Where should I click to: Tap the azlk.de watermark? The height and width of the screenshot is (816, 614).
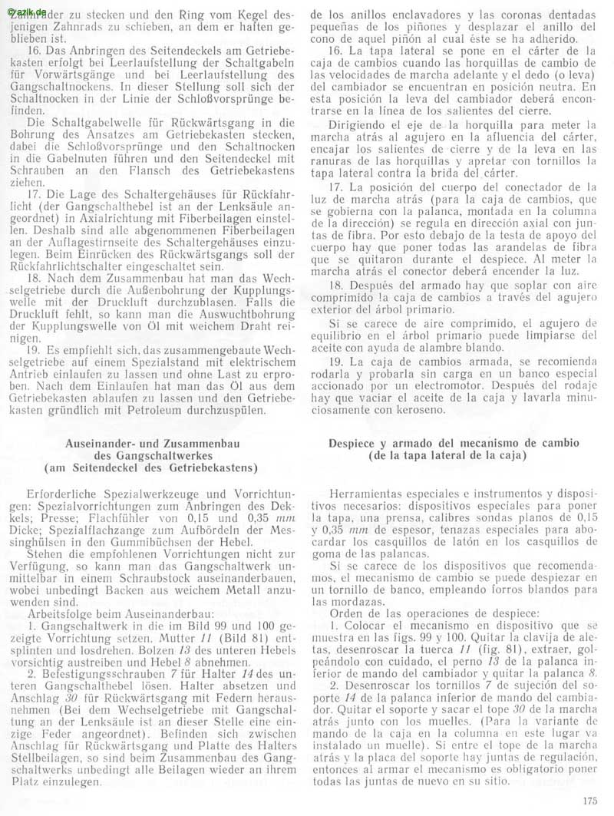pos(22,6)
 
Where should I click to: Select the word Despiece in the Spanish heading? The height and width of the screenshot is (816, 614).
pos(355,444)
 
